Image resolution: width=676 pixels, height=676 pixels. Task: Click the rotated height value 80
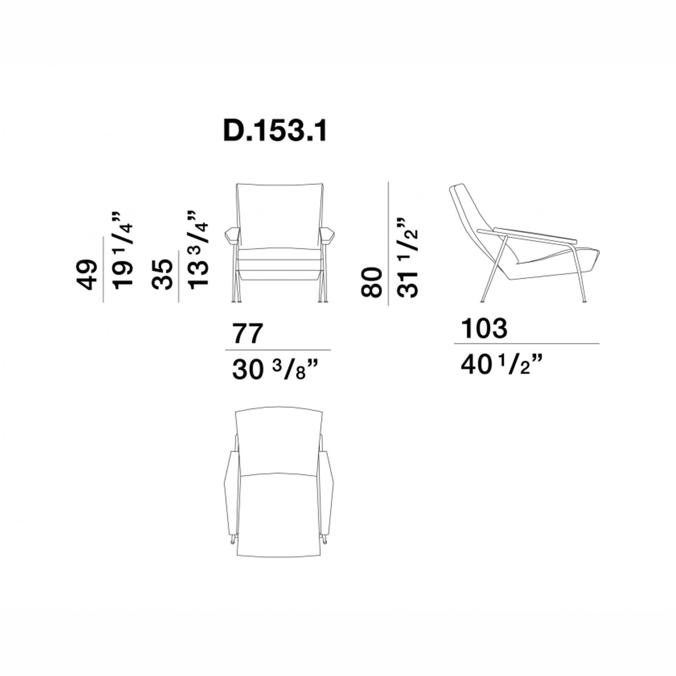pos(371,282)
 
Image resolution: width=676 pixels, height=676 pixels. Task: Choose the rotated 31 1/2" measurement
pos(407,258)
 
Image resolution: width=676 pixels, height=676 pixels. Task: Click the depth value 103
pos(484,328)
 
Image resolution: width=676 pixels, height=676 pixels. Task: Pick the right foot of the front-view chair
pos(323,300)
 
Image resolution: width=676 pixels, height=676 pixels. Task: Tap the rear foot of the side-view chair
pos(482,299)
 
